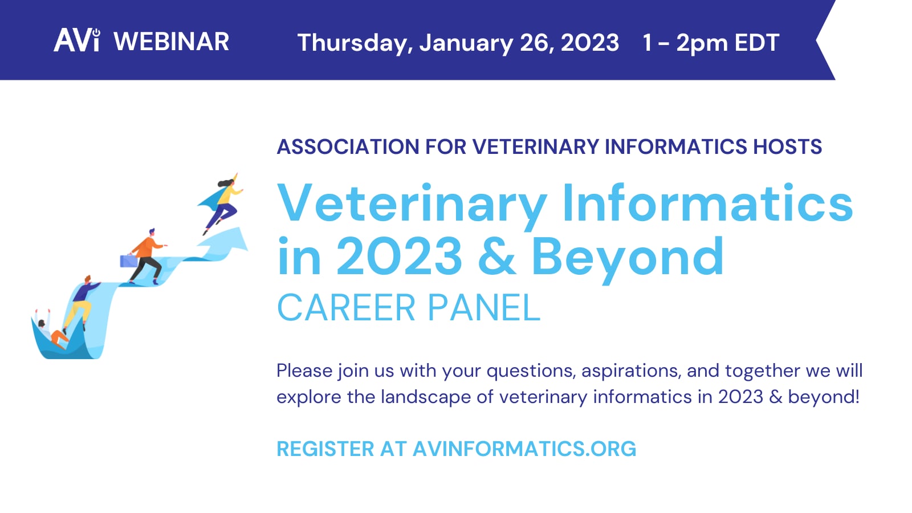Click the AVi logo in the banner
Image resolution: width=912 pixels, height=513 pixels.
click(77, 41)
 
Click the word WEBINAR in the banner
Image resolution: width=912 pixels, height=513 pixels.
click(171, 42)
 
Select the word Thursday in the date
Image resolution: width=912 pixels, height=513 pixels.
click(354, 43)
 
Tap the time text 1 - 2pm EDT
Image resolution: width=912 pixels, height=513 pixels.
click(710, 43)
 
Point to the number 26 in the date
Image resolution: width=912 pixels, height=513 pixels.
click(534, 43)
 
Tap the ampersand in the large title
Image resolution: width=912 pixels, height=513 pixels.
click(496, 256)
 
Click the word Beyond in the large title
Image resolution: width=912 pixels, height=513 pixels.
click(627, 258)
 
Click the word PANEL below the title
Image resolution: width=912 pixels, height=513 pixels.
click(483, 308)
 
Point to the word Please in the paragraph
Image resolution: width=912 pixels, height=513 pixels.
click(304, 371)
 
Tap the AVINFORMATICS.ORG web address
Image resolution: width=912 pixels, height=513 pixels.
click(524, 449)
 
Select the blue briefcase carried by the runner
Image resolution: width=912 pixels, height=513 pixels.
click(128, 261)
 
